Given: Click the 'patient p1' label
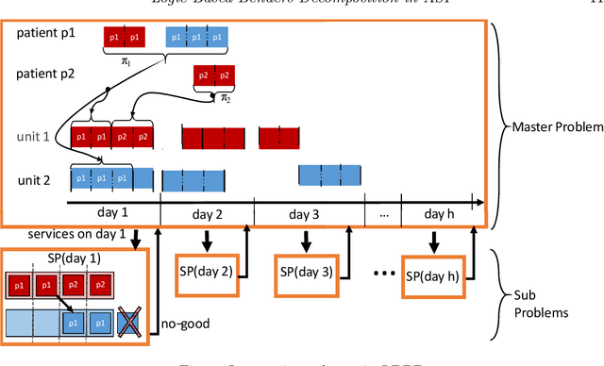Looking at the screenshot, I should pyautogui.click(x=44, y=34).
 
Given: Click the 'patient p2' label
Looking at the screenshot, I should pyautogui.click(x=44, y=72).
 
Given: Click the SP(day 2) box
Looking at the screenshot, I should pyautogui.click(x=208, y=273).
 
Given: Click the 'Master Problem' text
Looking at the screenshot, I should pyautogui.click(x=554, y=125).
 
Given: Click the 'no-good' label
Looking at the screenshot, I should pyautogui.click(x=186, y=323).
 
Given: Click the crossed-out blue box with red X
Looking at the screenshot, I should pyautogui.click(x=127, y=323).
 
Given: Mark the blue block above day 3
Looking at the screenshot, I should pyautogui.click(x=329, y=175).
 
